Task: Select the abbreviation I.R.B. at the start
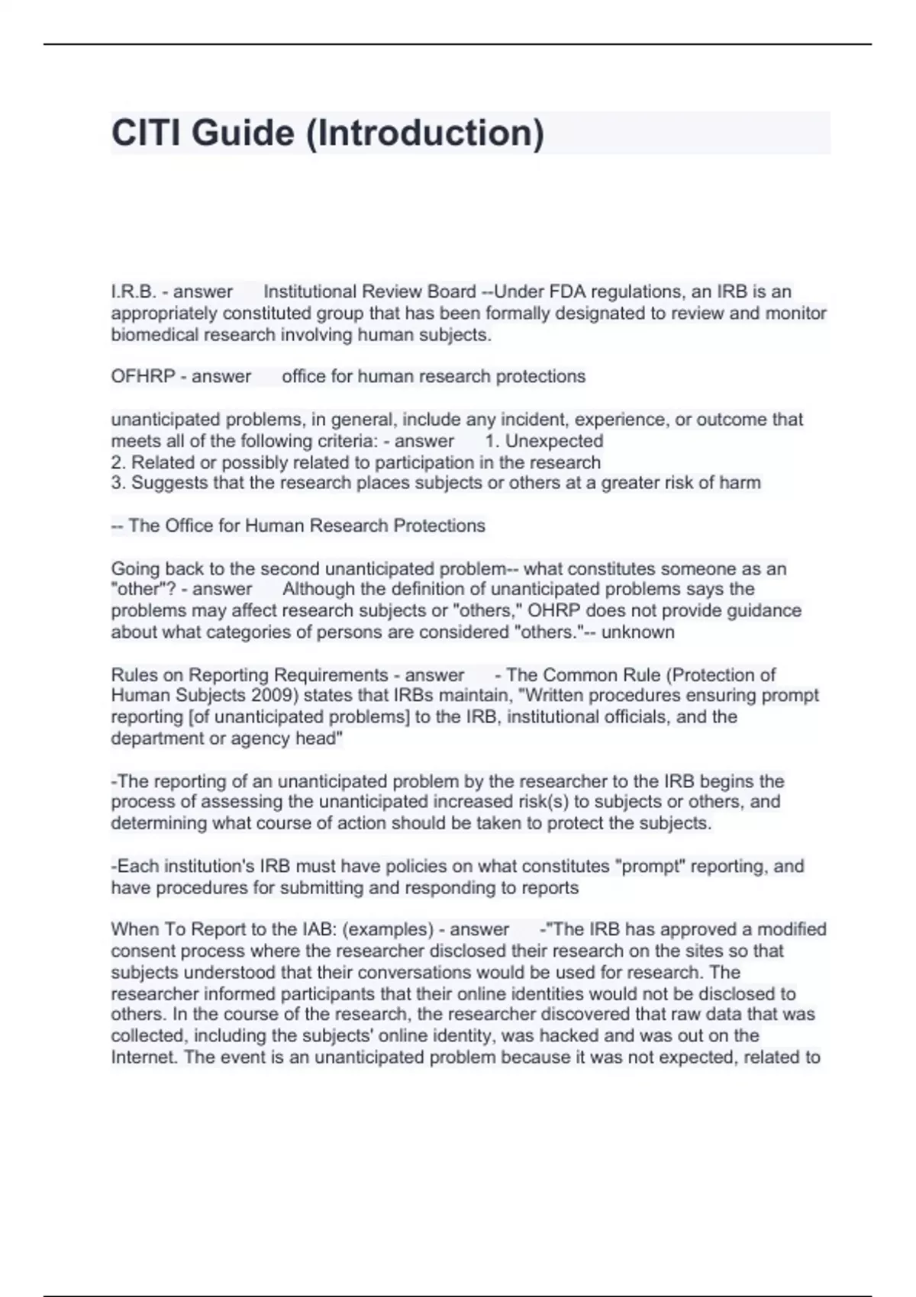pyautogui.click(x=134, y=291)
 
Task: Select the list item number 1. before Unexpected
pyautogui.click(x=492, y=441)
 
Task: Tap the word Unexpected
pyautogui.click(x=554, y=441)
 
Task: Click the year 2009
pyautogui.click(x=257, y=695)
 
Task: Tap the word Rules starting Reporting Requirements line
pyautogui.click(x=134, y=674)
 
